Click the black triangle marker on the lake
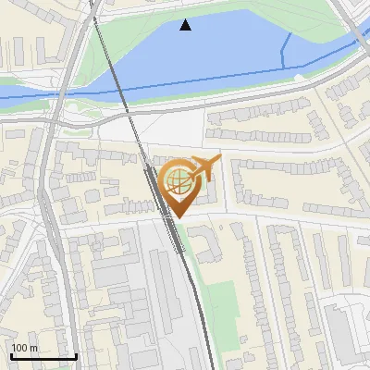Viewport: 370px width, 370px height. click(186, 25)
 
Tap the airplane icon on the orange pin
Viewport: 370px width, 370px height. click(204, 168)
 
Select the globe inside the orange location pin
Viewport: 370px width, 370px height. click(179, 179)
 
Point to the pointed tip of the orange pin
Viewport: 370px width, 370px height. click(179, 217)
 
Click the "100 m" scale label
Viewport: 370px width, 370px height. click(25, 348)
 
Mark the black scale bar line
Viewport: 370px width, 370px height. click(43, 356)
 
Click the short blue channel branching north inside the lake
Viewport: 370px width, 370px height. click(286, 51)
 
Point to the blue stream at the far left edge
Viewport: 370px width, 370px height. click(14, 97)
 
